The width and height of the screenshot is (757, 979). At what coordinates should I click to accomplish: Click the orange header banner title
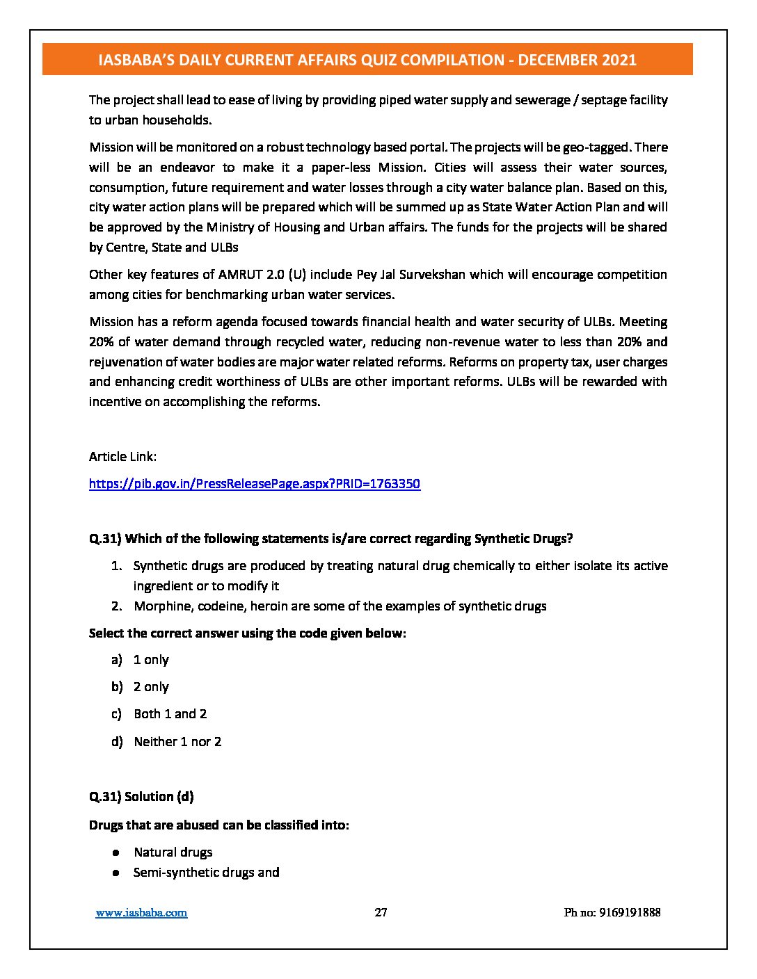coord(367,60)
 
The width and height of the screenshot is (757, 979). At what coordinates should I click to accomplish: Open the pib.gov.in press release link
coord(255,484)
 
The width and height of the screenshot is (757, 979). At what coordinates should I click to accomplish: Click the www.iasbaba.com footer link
coord(141,913)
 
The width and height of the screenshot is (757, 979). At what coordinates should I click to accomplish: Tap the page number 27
coord(381,913)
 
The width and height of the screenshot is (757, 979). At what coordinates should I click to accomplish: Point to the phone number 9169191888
coord(612,913)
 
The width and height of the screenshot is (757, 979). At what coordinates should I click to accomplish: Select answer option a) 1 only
coord(150,660)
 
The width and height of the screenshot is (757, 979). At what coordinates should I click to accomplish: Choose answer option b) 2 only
coord(150,687)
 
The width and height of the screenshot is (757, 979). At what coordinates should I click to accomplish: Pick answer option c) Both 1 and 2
coord(170,714)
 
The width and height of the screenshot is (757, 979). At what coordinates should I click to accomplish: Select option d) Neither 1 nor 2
coord(177,742)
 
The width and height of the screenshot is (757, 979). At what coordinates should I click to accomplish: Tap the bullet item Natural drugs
coord(173,852)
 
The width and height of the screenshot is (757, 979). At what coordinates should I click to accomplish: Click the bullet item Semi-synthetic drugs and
coord(206,873)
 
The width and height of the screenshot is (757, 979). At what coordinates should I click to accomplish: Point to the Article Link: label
coord(122,457)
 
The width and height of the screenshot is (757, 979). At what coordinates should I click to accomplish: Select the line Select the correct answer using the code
coord(247,633)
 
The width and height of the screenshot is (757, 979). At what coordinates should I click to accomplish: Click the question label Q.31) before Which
coord(105,539)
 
